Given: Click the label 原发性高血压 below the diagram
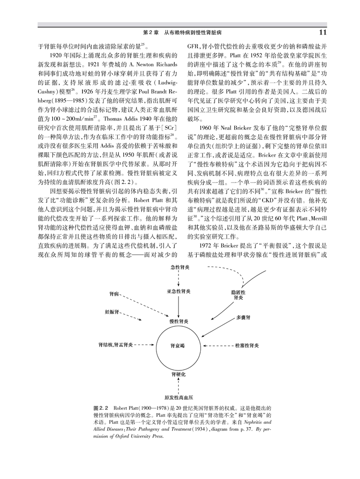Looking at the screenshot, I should [x=179, y=397].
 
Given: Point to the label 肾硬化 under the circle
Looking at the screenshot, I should [x=179, y=373].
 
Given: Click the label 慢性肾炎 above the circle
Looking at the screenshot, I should [x=179, y=320].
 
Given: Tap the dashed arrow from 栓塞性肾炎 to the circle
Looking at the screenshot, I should [x=216, y=345].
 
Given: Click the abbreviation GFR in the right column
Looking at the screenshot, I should [x=186, y=47].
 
